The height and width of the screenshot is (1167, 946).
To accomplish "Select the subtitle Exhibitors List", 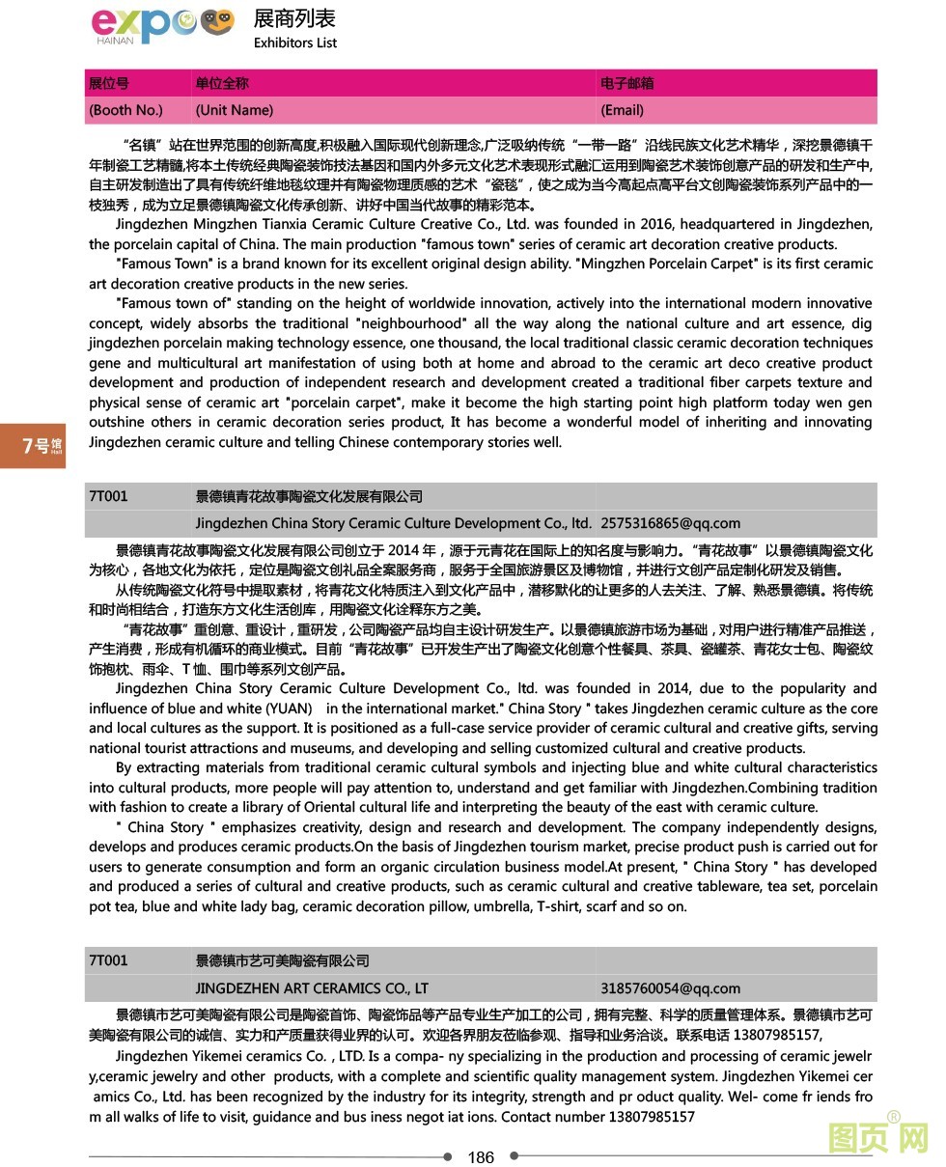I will click(x=295, y=42).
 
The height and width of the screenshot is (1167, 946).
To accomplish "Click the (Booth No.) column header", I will click(x=125, y=110).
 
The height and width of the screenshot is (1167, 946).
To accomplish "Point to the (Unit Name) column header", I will click(x=234, y=110).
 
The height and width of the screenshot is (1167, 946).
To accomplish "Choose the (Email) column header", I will click(x=622, y=110).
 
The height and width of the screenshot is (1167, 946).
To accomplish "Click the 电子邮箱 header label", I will click(x=626, y=83).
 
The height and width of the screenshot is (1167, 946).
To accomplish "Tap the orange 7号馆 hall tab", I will click(x=33, y=445).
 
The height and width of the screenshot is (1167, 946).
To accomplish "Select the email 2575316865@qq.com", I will click(x=670, y=523).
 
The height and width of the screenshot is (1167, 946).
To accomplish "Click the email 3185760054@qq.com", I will click(x=670, y=987).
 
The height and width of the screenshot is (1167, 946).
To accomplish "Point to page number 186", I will click(x=480, y=1156).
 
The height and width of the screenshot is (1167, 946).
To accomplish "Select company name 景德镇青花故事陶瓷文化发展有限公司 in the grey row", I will click(x=309, y=496).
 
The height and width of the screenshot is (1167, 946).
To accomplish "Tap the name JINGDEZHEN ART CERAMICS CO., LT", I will click(x=312, y=987).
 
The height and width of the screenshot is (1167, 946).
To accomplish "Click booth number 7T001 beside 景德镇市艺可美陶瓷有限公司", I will click(x=108, y=960).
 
